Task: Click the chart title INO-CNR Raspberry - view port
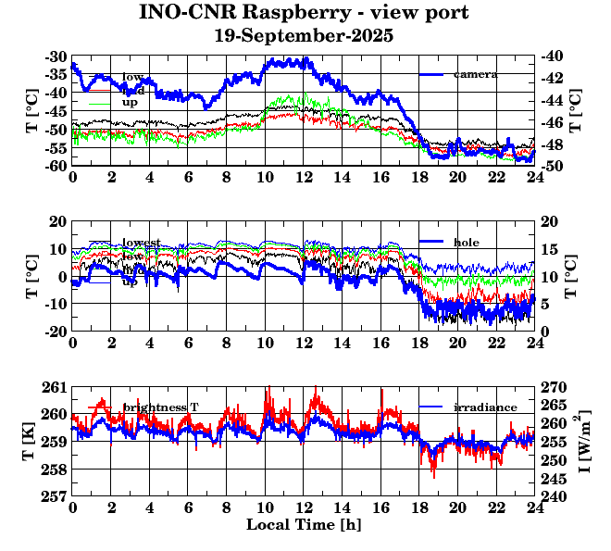click(x=304, y=14)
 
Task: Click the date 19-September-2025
click(x=304, y=37)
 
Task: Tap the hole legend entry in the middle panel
click(x=466, y=242)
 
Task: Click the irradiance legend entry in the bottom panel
click(x=479, y=407)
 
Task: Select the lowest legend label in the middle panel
click(x=142, y=243)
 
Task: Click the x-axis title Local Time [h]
click(x=304, y=525)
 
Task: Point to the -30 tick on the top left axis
click(x=56, y=56)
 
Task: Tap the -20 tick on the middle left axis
click(x=56, y=332)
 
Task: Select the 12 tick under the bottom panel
click(x=304, y=508)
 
